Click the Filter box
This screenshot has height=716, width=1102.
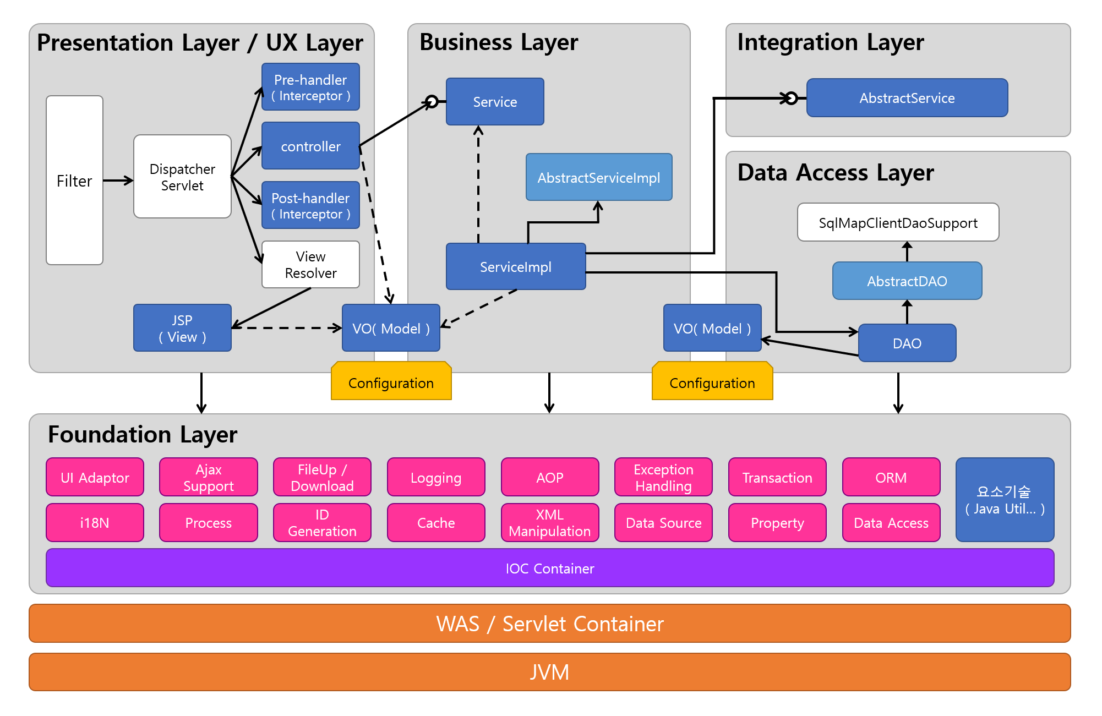[x=74, y=181]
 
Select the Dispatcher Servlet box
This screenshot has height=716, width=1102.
[x=182, y=177]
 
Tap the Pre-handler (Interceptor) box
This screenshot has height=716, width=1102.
[x=310, y=88]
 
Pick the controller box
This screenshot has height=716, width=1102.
[x=310, y=146]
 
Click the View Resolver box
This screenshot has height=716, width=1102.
[x=310, y=265]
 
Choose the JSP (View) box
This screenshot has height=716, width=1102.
[x=182, y=328]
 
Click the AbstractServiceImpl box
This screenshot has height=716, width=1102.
[x=599, y=178]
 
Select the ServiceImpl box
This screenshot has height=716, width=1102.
[x=516, y=267]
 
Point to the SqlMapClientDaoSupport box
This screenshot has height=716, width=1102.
[x=898, y=223]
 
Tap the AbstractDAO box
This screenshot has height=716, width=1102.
[x=907, y=281]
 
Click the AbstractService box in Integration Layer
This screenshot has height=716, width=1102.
[x=907, y=98]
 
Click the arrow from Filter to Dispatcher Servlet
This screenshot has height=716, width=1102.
[x=118, y=181]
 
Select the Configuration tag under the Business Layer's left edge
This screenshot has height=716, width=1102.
[x=391, y=382]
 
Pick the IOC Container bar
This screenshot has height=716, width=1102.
[x=550, y=569]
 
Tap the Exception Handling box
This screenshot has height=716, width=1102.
[x=663, y=478]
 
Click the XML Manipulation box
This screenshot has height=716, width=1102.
[x=549, y=523]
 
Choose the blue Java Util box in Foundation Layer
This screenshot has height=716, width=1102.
[x=1005, y=500]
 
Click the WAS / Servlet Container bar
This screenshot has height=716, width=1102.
[x=550, y=624]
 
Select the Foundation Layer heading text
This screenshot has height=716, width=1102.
[x=143, y=435]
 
